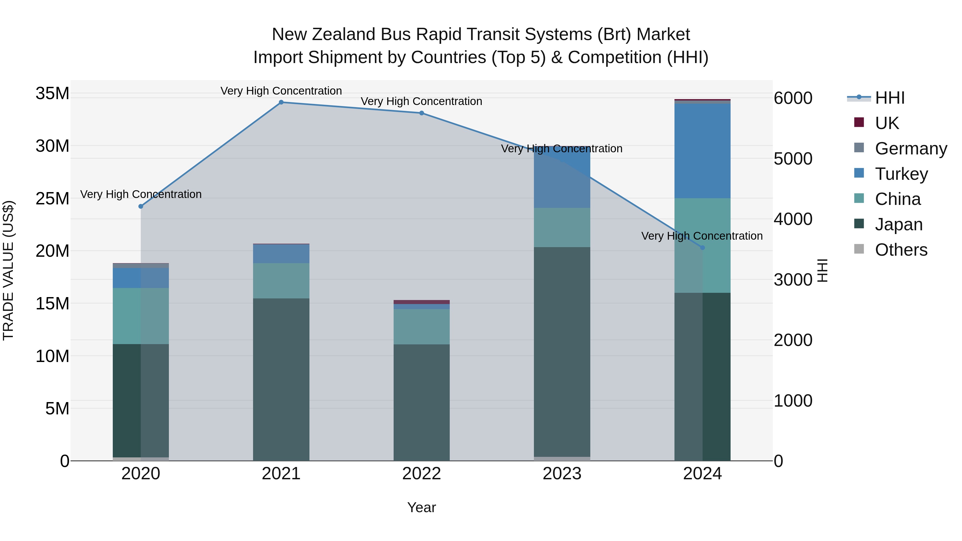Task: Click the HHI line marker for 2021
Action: tap(281, 102)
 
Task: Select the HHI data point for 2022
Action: tap(422, 113)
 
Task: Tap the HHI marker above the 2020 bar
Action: tap(141, 207)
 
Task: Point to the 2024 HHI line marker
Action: tap(703, 248)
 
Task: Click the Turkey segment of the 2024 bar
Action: tap(703, 151)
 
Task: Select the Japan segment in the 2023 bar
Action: tap(562, 351)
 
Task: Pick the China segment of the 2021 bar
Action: tap(281, 281)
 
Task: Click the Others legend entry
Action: tap(901, 250)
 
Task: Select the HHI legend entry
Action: tap(890, 98)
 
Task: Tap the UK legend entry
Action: tap(887, 123)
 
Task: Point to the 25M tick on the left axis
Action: tap(52, 198)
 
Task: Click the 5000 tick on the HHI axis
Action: tap(793, 159)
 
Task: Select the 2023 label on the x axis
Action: tap(562, 474)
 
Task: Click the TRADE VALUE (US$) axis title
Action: tap(8, 270)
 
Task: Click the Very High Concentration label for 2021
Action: tap(281, 91)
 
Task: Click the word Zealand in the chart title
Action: tap(344, 34)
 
